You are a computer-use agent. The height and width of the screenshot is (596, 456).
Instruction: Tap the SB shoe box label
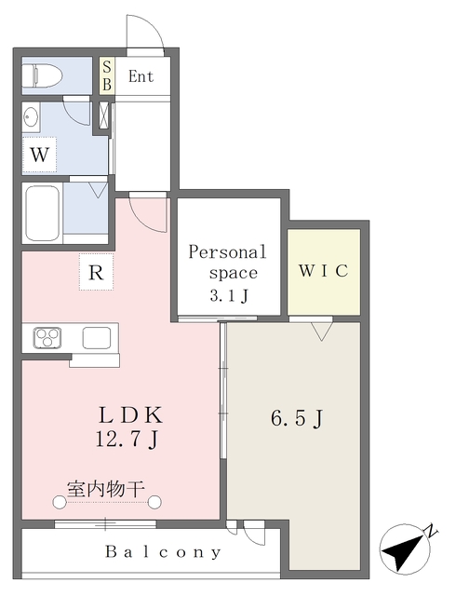pos(106,75)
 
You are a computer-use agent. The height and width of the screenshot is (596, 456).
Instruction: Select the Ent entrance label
pos(141,76)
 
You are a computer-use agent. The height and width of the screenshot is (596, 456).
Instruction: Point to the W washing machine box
pos(39,155)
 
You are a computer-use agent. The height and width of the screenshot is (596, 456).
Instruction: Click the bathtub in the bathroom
pos(43,213)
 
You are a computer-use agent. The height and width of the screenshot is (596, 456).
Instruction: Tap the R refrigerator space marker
pos(95,273)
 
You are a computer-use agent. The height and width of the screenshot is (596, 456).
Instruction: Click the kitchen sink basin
pos(96,337)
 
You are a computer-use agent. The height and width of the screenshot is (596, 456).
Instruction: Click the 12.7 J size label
pos(131,439)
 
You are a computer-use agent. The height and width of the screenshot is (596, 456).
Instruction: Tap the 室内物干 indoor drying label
pos(104,486)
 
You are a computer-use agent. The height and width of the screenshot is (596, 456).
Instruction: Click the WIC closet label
pos(323,271)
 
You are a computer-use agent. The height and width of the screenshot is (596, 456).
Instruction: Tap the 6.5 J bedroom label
pos(296,418)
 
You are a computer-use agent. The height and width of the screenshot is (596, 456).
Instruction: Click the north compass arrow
pos(406,549)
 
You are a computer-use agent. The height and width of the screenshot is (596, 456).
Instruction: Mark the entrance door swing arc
pos(146,32)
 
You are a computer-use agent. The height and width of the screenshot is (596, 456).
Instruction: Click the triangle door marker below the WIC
pos(322,330)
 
